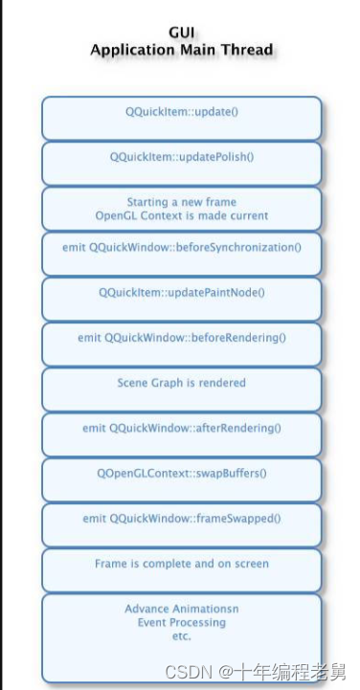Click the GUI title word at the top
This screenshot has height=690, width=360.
[181, 32]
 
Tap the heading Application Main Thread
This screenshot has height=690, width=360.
[181, 50]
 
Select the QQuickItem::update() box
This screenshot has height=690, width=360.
[181, 112]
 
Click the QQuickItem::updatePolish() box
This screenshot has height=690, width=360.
[181, 157]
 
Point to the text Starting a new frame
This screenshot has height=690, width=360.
[181, 202]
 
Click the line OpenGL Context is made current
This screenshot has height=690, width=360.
[181, 215]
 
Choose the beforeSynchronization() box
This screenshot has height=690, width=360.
[181, 247]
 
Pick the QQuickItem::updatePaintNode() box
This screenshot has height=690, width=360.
[181, 292]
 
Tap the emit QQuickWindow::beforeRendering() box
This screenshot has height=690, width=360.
[181, 337]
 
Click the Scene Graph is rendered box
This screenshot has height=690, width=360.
[181, 383]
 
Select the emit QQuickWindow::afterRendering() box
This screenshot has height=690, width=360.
[181, 428]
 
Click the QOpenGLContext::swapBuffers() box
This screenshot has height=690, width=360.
[181, 473]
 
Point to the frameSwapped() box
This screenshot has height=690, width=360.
[181, 518]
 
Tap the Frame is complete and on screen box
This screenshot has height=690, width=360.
[181, 564]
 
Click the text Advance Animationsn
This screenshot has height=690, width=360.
[181, 609]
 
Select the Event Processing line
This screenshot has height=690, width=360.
[181, 622]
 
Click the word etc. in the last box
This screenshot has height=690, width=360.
[181, 635]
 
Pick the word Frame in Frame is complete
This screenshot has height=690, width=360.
[110, 564]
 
